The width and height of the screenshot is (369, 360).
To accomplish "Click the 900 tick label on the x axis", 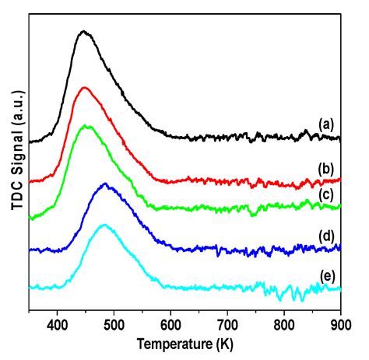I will tap(340, 324).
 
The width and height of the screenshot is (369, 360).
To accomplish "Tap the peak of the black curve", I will tap(83, 32).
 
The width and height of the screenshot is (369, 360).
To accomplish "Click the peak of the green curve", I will tap(88, 125).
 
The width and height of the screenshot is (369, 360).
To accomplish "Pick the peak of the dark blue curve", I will tap(105, 184).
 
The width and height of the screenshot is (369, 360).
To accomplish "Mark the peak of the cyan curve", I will tap(105, 225).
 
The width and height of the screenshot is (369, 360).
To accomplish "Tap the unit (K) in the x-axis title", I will tap(225, 343).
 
